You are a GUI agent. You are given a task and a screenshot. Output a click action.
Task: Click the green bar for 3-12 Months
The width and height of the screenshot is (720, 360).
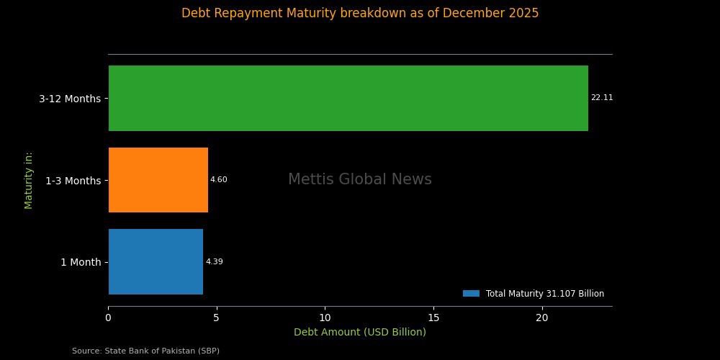348,98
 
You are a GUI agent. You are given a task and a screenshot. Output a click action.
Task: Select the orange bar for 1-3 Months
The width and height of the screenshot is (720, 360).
158,180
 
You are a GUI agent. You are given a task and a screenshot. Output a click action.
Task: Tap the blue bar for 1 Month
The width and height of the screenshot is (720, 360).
156,261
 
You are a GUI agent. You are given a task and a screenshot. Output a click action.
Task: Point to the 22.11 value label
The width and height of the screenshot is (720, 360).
602,98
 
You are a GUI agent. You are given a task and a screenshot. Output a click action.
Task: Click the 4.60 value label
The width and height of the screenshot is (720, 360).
218,180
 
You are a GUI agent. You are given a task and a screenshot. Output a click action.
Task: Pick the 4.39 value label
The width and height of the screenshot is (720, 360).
214,262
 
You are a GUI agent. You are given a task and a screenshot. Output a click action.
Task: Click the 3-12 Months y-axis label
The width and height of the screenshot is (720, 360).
70,99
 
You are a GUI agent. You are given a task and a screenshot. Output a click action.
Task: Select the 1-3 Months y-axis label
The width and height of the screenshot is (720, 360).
73,181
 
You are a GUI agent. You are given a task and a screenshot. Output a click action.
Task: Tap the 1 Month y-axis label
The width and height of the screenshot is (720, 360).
81,263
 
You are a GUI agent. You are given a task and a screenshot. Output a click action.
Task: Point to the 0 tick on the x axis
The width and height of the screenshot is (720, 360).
108,317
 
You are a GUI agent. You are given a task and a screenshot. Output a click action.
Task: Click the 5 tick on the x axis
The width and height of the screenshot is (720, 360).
217,317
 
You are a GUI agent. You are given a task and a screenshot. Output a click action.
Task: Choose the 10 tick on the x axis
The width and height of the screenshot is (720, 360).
325,317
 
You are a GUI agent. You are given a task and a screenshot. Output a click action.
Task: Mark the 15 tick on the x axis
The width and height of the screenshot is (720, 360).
433,317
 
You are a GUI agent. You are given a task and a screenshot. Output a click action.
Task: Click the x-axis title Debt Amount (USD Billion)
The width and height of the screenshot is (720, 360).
360,332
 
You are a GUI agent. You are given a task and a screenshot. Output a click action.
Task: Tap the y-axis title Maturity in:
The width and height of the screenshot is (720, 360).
29,180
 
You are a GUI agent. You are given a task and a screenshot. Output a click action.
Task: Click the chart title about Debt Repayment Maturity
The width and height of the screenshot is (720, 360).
360,13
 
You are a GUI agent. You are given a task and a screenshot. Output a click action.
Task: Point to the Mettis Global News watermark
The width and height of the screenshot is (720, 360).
360,180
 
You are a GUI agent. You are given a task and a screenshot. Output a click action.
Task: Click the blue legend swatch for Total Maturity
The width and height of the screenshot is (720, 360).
471,294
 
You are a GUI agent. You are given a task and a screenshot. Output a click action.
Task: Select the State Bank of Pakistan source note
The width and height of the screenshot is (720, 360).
145,351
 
